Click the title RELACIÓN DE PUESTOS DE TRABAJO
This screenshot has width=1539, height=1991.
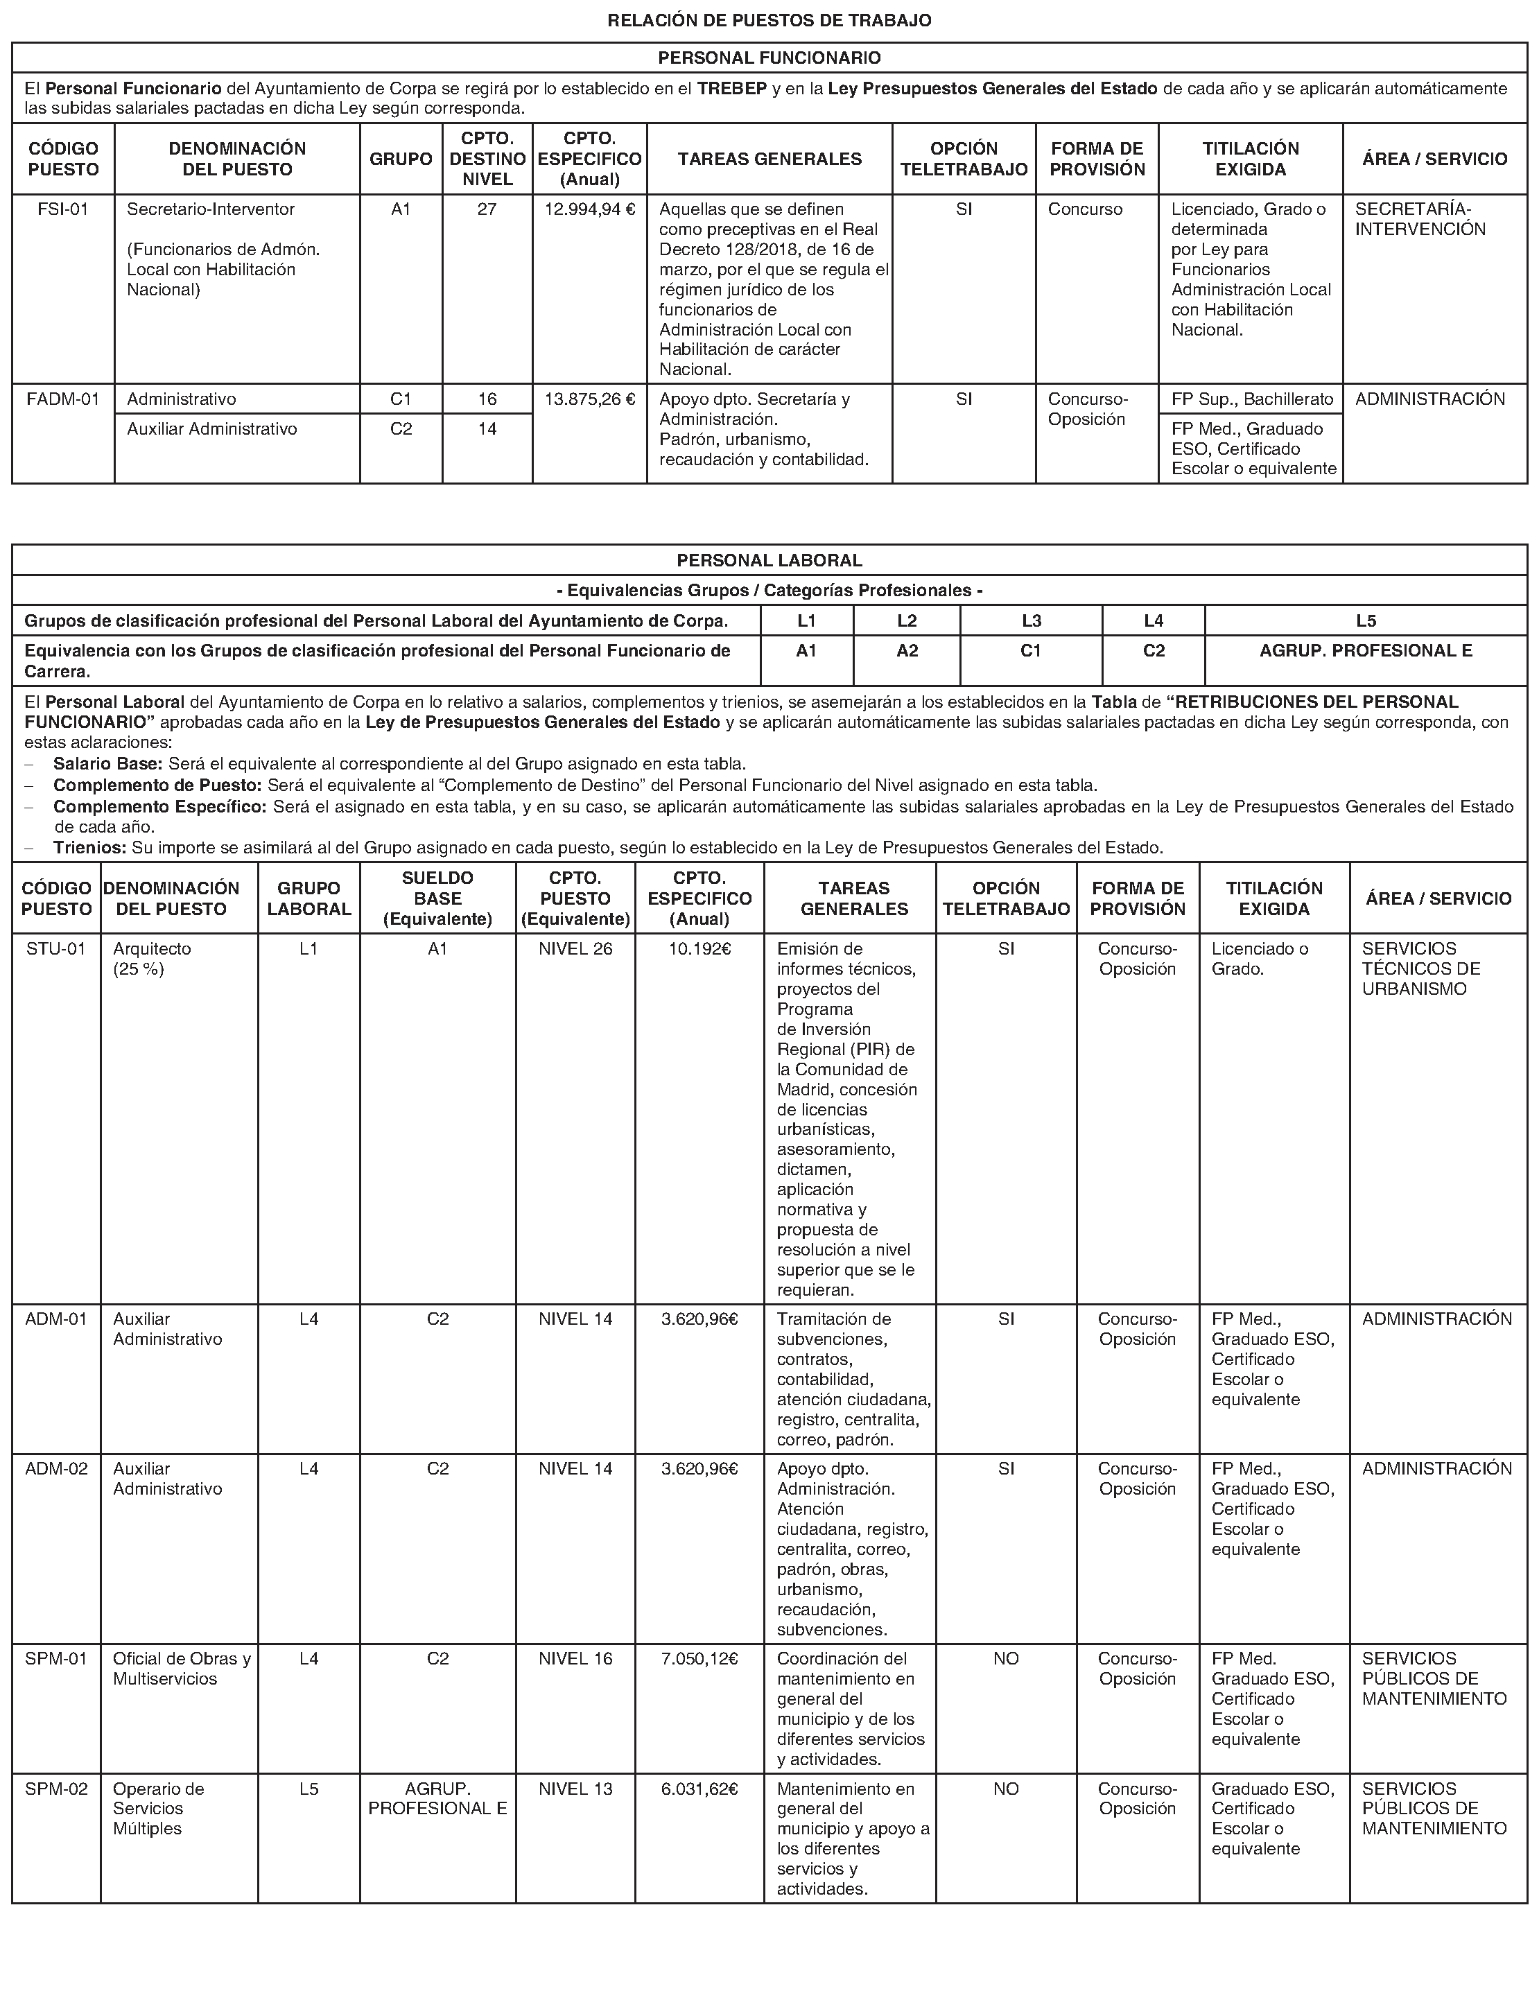769,20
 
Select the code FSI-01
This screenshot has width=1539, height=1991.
63,209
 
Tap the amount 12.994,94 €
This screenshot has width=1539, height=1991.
589,209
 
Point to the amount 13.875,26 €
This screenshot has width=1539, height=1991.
589,399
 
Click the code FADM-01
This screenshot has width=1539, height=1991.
63,399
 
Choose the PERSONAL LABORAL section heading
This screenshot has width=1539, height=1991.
769,559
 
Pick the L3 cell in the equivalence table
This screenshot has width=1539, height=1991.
1030,621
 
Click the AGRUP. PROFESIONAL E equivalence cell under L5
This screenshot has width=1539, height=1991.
1365,651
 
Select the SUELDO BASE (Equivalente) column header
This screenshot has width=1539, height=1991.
437,898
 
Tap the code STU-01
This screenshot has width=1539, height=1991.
55,949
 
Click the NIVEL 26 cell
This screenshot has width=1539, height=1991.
575,949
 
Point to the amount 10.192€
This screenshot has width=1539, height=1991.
699,949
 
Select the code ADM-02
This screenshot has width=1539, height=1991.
55,1468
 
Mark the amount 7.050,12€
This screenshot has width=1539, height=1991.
699,1658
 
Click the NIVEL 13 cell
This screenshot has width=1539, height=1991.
575,1789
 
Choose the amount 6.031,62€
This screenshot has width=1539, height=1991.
699,1789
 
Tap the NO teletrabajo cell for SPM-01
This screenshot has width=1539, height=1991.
1006,1658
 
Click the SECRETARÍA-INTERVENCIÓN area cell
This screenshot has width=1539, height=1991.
1420,219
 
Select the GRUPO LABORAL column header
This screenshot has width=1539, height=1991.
308,898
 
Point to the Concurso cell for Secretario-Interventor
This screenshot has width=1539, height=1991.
1085,209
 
